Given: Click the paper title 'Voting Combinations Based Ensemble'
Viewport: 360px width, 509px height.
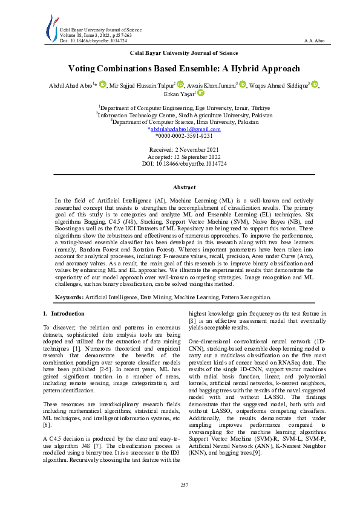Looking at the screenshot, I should click(x=180, y=69).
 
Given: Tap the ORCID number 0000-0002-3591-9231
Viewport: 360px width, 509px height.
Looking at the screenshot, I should click(x=180, y=137).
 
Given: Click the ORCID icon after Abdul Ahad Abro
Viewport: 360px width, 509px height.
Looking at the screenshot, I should click(x=103, y=85).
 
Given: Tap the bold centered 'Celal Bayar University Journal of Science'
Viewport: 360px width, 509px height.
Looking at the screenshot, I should click(x=180, y=53).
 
